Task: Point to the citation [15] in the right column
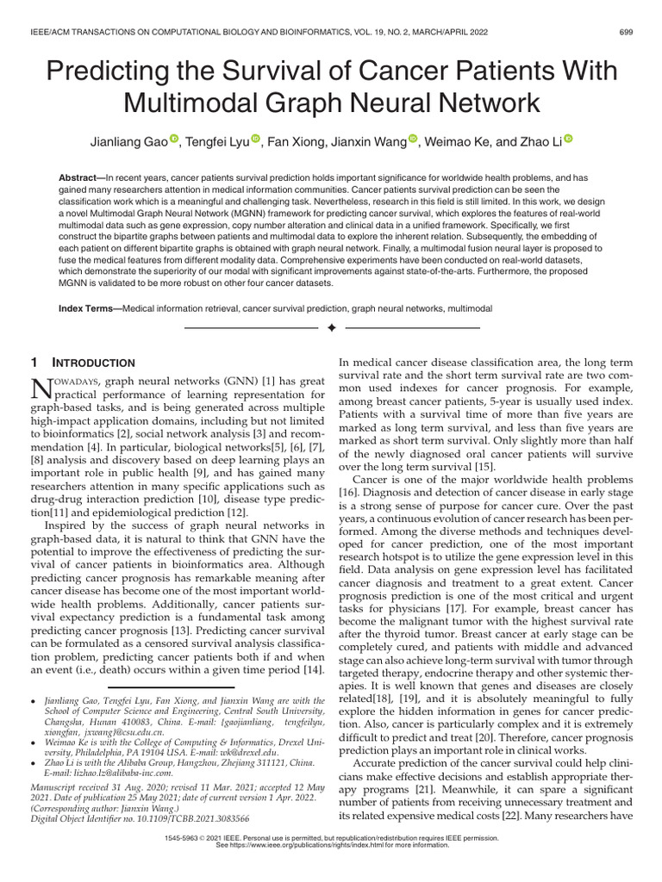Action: (507, 466)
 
